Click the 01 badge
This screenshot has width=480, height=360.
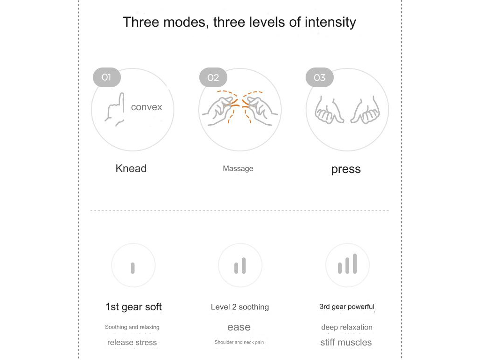[x=106, y=77]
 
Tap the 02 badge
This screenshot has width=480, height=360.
[x=213, y=77]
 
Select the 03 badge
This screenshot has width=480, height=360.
[x=320, y=77]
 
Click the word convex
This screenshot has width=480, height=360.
[x=146, y=107]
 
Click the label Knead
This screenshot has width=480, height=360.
[x=131, y=168]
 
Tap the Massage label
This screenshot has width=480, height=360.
[x=238, y=168]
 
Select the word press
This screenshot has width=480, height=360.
[x=346, y=169]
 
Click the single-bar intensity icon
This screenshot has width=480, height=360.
[x=133, y=268]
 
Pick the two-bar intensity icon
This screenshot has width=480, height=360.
[x=240, y=265]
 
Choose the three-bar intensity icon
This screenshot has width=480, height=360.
[x=347, y=263]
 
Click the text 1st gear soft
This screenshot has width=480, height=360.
[x=134, y=307]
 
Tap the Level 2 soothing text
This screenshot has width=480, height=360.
[x=240, y=307]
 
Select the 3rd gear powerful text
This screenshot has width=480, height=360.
[x=347, y=307]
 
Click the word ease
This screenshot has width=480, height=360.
[x=239, y=327]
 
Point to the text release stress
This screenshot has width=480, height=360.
[x=132, y=343]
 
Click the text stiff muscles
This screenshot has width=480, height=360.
[x=346, y=342]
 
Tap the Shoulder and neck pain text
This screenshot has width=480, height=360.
[x=239, y=342]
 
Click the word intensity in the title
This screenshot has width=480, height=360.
[x=330, y=22]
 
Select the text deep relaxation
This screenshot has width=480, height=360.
[x=347, y=327]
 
